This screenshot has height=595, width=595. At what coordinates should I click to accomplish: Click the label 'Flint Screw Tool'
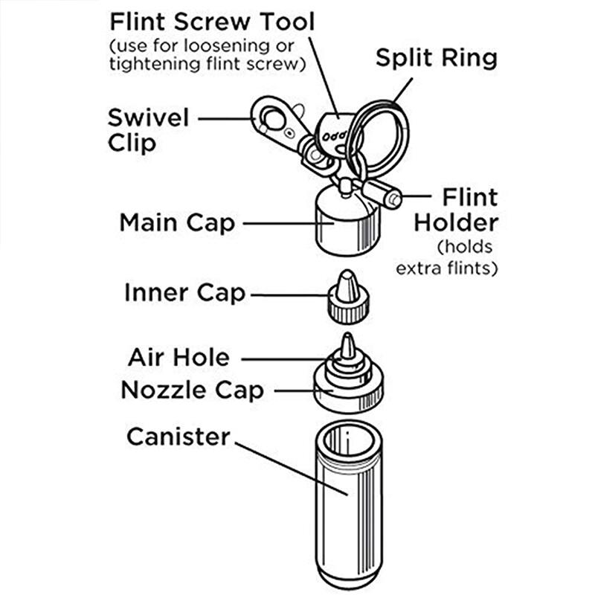tap(212, 20)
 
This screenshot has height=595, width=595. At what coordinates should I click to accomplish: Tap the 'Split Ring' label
tap(436, 57)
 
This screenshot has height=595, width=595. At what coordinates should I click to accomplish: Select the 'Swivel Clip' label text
tap(148, 129)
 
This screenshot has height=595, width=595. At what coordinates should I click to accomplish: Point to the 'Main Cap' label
tap(177, 222)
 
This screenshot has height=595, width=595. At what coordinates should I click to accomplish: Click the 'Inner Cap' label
tap(184, 292)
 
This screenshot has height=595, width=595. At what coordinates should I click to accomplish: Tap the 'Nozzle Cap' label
tap(192, 390)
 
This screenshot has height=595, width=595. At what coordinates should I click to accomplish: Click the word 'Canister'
tap(178, 437)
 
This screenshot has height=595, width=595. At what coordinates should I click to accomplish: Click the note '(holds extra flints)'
tap(457, 257)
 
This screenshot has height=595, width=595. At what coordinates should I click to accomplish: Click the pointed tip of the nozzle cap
tap(347, 343)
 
